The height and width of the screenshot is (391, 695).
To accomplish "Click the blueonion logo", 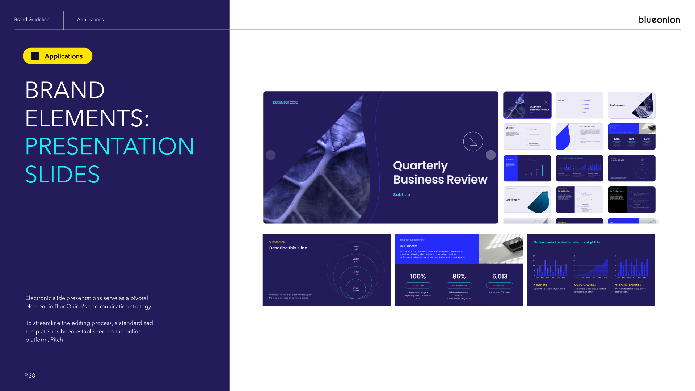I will click(659, 20).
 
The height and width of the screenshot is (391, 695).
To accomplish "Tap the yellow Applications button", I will click(58, 56).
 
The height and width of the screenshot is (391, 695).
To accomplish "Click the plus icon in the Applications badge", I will click(35, 56).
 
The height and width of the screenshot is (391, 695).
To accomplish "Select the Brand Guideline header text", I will click(32, 20).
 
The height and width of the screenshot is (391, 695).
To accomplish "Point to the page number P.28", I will click(30, 375).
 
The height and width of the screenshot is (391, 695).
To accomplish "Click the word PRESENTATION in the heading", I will click(110, 146).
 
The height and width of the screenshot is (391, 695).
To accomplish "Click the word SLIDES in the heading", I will click(62, 174).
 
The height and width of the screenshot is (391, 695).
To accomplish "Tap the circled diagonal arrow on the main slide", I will click(473, 142).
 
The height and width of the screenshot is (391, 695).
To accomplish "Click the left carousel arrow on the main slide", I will click(270, 155).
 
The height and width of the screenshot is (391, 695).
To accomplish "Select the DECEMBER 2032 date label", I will click(285, 102).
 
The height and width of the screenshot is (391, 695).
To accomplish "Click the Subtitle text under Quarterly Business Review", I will click(401, 195).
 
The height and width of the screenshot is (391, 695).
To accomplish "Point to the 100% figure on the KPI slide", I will click(418, 276).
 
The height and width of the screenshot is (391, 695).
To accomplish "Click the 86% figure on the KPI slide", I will click(459, 276).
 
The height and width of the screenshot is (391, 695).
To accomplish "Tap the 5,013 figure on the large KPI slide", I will click(500, 276).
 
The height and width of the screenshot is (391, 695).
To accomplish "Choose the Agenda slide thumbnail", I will click(579, 105).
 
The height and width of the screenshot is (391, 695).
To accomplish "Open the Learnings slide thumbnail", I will click(527, 199).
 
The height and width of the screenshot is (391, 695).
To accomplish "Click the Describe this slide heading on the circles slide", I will click(288, 248).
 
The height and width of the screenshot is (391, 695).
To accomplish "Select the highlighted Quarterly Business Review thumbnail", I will click(527, 105).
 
